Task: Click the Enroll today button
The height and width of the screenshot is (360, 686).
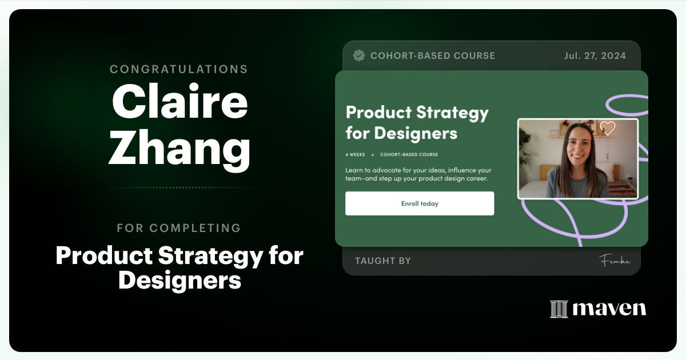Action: click(420, 203)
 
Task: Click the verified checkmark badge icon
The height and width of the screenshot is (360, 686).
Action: click(359, 55)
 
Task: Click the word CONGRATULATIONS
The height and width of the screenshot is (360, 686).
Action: click(179, 69)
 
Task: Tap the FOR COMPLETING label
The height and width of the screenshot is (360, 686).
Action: click(179, 228)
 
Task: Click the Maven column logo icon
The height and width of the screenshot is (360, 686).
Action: click(559, 309)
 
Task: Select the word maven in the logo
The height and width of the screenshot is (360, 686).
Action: click(609, 309)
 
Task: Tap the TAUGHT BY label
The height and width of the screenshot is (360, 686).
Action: click(383, 261)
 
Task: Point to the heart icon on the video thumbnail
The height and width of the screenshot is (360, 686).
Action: click(607, 128)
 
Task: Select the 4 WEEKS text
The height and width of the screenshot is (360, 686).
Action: click(355, 155)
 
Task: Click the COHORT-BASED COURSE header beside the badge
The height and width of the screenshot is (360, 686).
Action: click(433, 56)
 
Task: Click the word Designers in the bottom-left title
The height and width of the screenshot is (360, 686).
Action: click(180, 281)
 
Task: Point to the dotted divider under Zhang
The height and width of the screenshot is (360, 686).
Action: click(179, 187)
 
